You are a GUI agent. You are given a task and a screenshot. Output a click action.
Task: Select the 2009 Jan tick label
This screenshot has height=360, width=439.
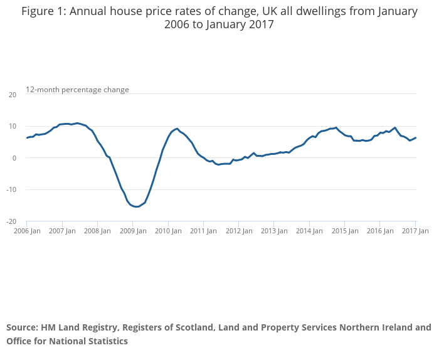(132, 231)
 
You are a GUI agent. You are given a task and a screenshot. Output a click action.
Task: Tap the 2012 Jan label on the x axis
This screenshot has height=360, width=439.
(239, 231)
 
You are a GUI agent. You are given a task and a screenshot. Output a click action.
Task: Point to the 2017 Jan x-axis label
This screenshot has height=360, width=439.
(415, 231)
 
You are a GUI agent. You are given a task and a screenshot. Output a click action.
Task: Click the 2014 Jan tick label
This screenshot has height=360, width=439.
(310, 231)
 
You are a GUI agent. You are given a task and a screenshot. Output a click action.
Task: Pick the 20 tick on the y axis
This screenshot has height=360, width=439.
(12, 95)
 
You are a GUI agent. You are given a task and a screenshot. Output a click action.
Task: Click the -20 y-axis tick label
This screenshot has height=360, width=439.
(11, 221)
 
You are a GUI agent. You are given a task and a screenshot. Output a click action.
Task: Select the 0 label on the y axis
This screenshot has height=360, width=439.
(14, 158)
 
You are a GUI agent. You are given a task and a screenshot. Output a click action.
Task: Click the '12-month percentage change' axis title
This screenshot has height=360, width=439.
(77, 90)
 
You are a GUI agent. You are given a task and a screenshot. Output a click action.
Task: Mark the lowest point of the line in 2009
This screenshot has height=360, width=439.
(137, 206)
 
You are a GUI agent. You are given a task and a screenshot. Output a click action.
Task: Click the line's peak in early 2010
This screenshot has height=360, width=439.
(177, 129)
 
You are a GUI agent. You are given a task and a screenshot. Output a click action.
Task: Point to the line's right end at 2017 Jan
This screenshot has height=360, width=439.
(416, 138)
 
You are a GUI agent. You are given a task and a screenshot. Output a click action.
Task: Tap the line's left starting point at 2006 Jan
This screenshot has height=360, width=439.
(27, 138)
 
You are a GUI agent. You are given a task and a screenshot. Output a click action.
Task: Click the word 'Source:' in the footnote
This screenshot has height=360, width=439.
(22, 327)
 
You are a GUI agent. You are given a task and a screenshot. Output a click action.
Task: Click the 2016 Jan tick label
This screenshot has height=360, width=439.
(380, 231)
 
